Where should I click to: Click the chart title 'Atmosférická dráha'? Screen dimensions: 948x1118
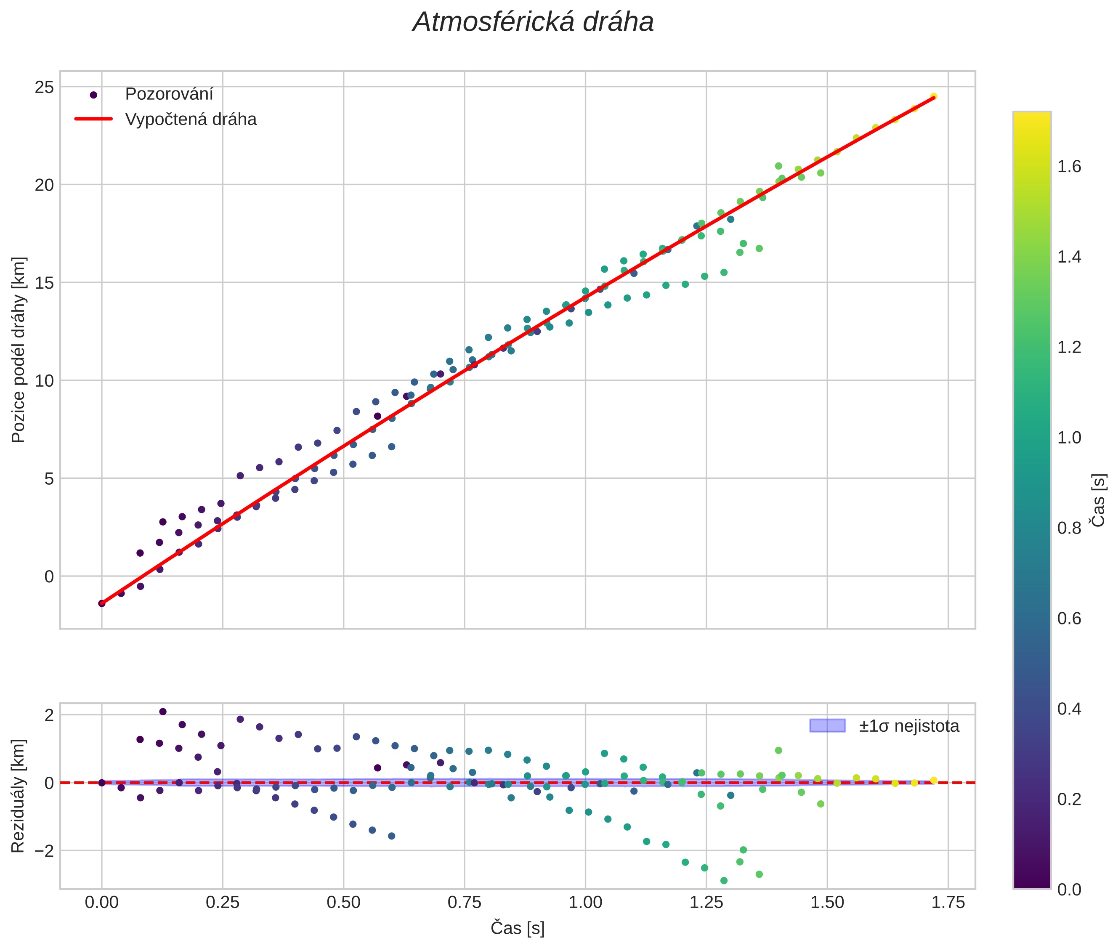tap(533, 23)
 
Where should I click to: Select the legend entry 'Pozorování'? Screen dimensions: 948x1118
tap(169, 94)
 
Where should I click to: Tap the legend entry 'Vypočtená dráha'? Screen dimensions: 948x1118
tap(191, 119)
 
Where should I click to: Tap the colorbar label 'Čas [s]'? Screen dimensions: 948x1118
tap(1099, 500)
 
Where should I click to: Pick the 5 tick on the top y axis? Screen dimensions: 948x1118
tap(50, 478)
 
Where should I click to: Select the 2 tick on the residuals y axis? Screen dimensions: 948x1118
tap(50, 715)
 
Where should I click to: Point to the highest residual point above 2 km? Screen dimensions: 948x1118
tap(163, 712)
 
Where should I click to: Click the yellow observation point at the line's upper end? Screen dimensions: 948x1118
tap(934, 97)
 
